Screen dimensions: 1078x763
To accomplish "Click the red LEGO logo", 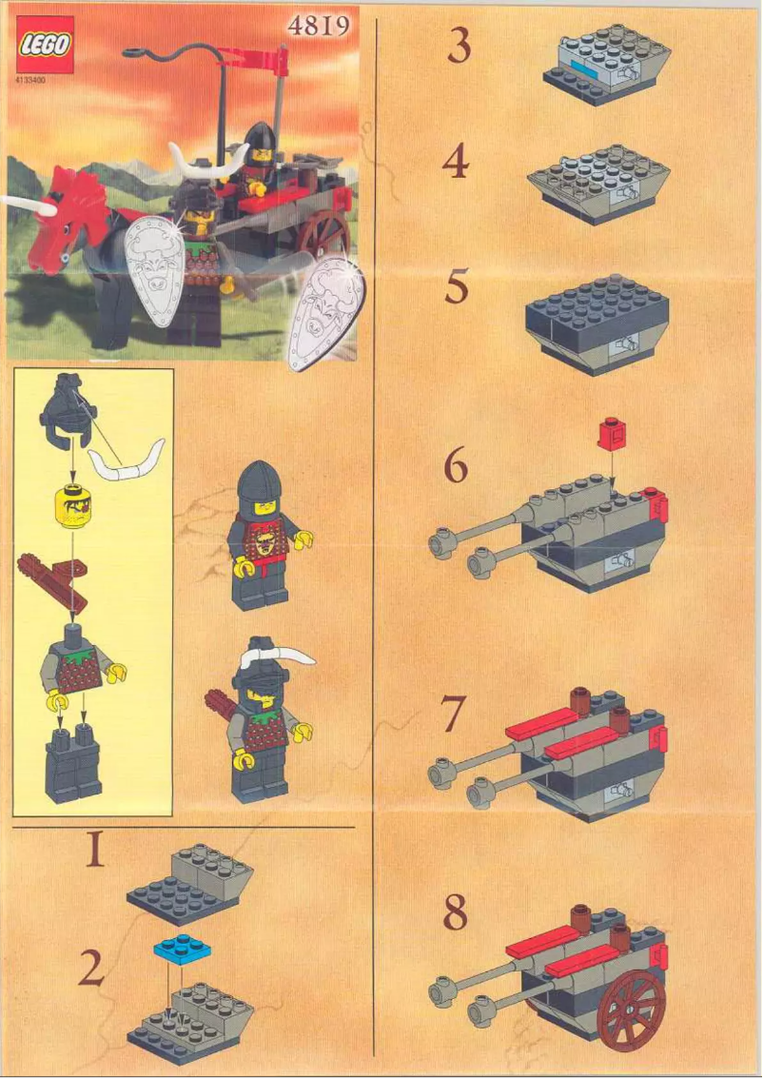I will [x=43, y=47].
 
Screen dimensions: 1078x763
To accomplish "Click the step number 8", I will [x=457, y=913].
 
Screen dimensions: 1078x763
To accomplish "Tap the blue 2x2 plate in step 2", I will [x=181, y=949].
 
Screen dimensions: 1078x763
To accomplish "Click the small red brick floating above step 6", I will [x=610, y=436].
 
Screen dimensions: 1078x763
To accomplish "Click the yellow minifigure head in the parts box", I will [x=71, y=503].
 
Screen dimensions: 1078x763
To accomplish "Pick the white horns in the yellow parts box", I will [x=128, y=461].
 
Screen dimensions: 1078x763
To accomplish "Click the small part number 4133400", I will [x=31, y=81].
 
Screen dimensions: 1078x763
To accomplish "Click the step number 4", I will [x=457, y=164].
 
